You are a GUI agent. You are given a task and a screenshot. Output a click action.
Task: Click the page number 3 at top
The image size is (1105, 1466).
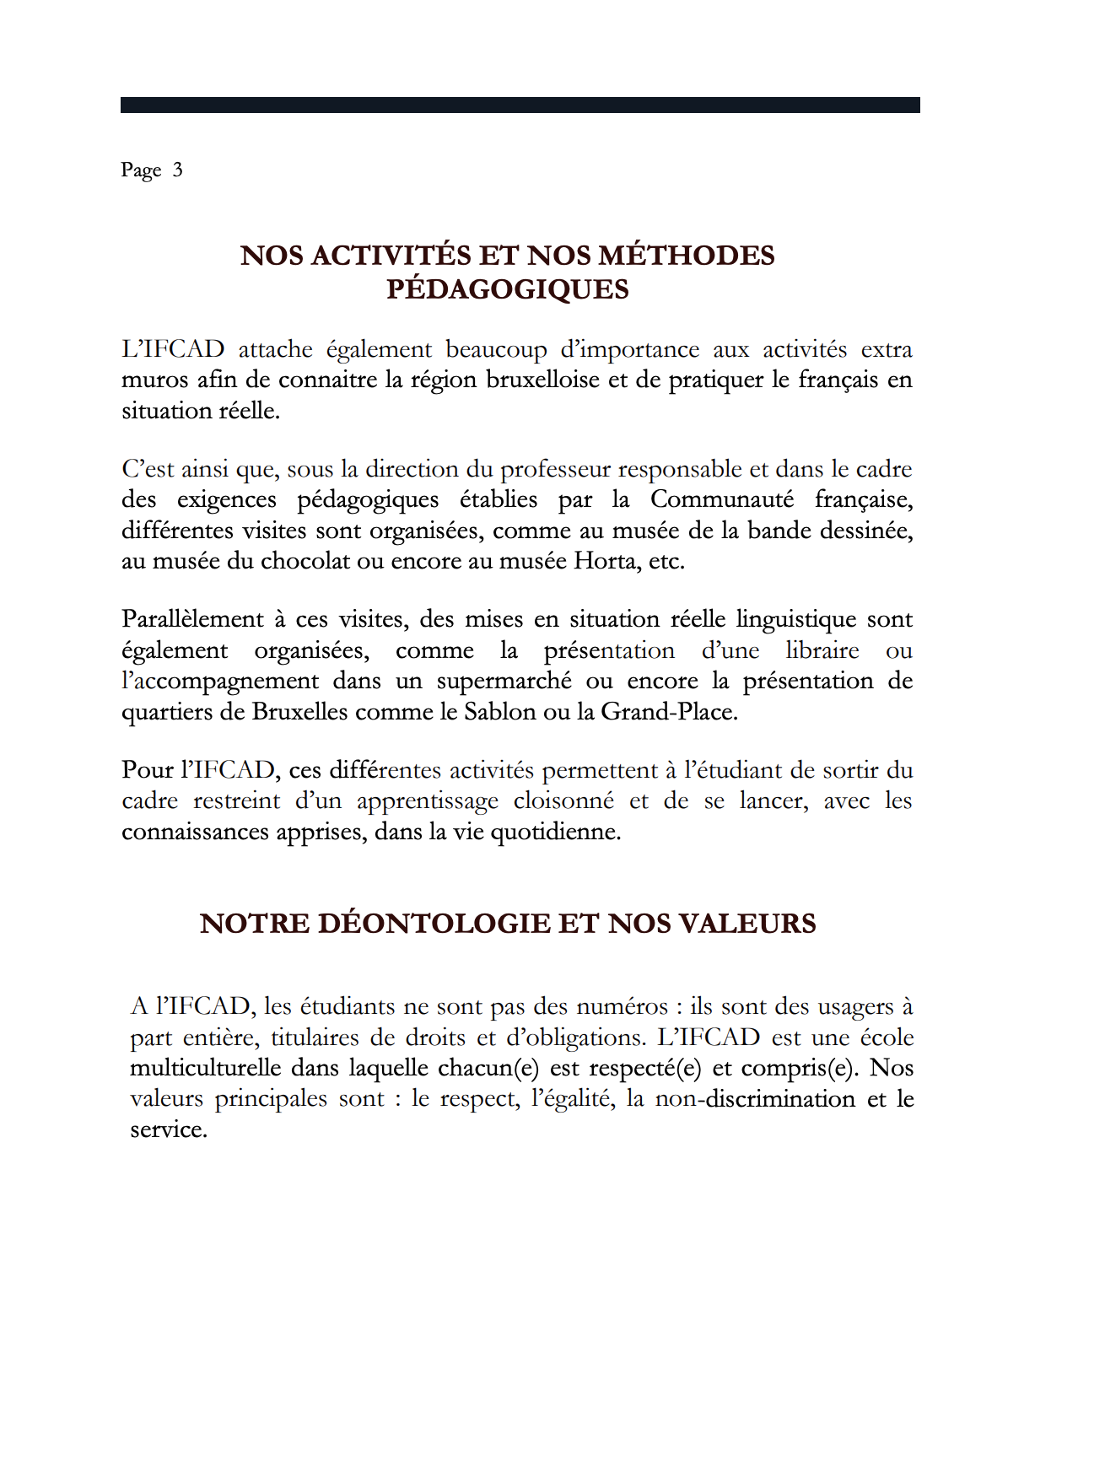177,170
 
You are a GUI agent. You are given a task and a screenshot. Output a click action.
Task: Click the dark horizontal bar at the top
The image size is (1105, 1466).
520,105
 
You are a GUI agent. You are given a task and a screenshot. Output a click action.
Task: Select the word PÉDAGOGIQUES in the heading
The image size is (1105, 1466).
508,289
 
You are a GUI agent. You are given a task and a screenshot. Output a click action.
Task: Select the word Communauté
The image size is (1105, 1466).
721,499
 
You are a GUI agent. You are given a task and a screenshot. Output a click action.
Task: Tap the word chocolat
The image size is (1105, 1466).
305,561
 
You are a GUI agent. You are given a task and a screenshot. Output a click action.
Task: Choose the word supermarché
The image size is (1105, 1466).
504,682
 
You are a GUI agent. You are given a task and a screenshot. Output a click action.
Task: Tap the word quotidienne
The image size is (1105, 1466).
555,833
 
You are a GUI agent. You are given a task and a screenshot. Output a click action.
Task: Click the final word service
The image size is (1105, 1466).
168,1130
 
